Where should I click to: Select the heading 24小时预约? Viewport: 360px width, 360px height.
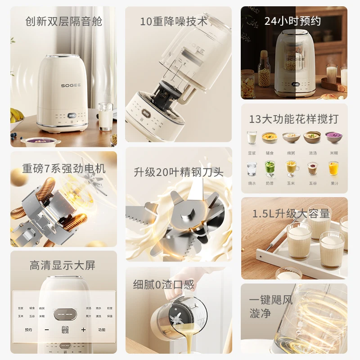tap(292, 21)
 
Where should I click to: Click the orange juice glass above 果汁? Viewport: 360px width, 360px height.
tap(333, 168)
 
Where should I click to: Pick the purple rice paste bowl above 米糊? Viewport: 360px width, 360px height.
tap(333, 137)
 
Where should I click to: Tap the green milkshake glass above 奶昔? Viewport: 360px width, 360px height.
tap(270, 168)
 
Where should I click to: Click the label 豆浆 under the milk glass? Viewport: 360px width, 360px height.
tap(252, 153)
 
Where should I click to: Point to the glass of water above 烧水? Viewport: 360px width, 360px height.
tap(252, 168)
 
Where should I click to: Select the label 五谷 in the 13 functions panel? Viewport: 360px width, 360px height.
tap(312, 184)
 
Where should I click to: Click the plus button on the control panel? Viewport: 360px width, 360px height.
tap(83, 330)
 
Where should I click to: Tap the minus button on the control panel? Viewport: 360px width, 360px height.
tap(46, 330)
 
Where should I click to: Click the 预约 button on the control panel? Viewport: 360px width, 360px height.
tap(28, 330)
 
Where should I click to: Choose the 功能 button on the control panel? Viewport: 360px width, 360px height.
tap(101, 330)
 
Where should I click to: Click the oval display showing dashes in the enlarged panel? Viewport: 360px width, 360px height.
tap(65, 314)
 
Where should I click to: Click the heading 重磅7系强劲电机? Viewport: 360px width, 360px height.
tap(64, 169)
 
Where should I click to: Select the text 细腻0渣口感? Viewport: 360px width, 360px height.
tap(163, 284)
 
